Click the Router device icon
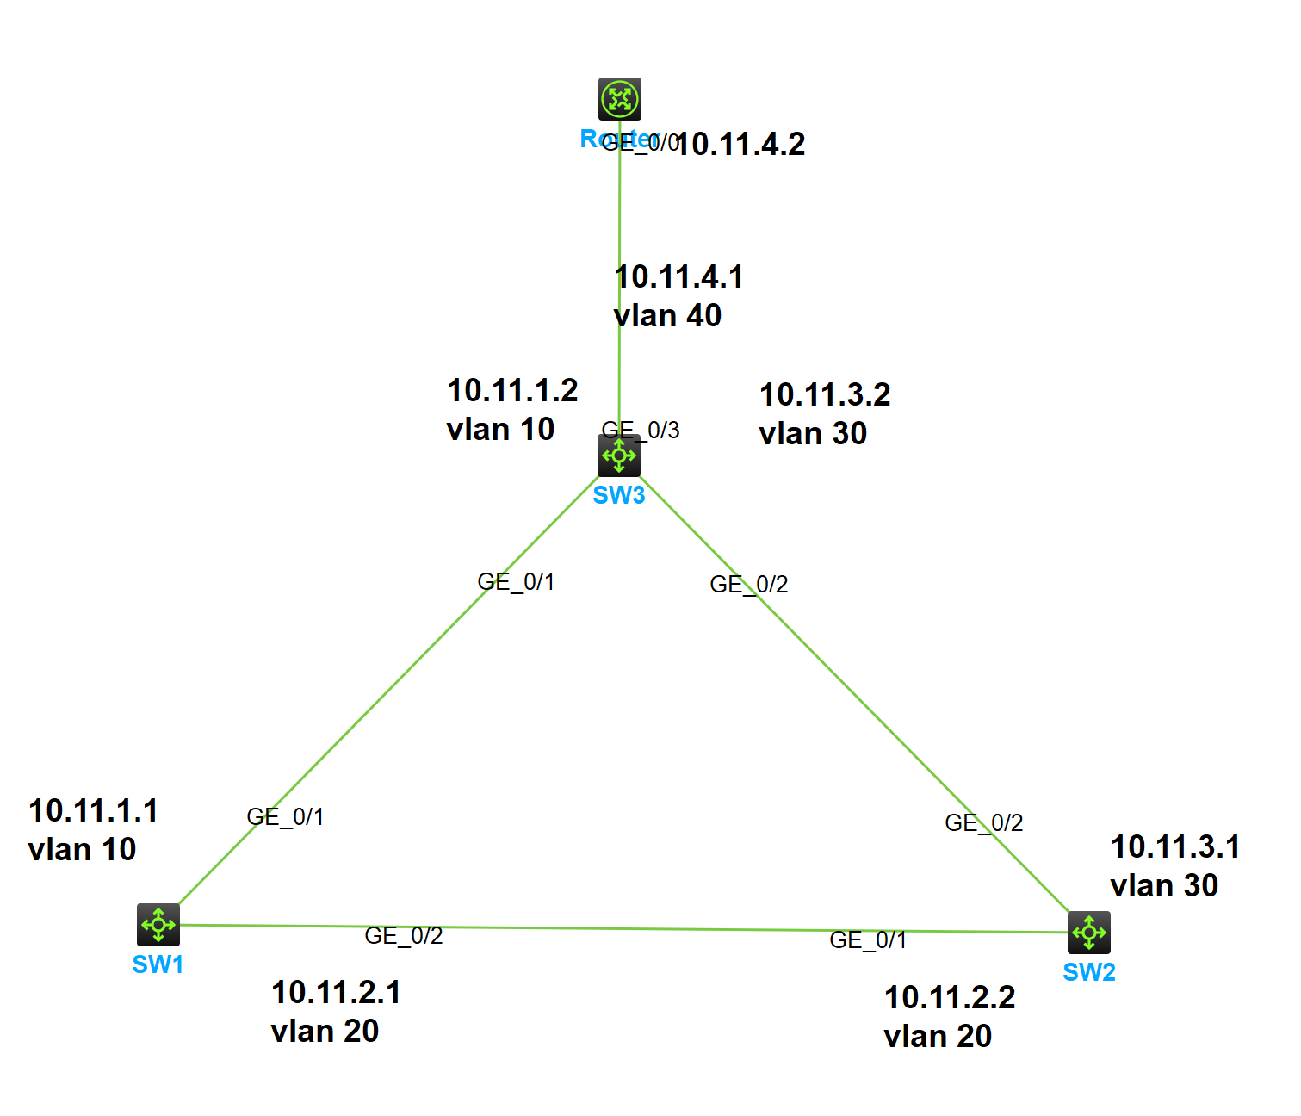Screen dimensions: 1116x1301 (x=620, y=99)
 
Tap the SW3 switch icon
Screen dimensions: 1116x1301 (x=619, y=456)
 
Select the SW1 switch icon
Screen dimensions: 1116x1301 (x=158, y=925)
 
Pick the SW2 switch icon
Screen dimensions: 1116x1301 (x=1089, y=932)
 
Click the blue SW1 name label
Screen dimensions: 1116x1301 (x=158, y=964)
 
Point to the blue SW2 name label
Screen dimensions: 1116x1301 (x=1089, y=972)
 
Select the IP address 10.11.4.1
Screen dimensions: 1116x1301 (x=679, y=277)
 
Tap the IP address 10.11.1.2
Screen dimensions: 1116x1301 (x=512, y=391)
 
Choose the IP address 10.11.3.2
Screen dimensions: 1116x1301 (x=825, y=395)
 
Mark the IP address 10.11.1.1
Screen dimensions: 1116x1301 (x=94, y=811)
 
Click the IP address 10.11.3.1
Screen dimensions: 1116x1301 (x=1175, y=847)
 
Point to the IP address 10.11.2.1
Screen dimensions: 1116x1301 (x=337, y=993)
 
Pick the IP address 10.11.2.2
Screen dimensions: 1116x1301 (x=950, y=998)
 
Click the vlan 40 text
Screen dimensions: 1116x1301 (x=668, y=316)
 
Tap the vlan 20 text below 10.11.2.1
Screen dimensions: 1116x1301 (x=325, y=1032)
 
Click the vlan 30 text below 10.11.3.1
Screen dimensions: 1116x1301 (x=1164, y=886)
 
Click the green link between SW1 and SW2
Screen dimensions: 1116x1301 (x=620, y=928)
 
